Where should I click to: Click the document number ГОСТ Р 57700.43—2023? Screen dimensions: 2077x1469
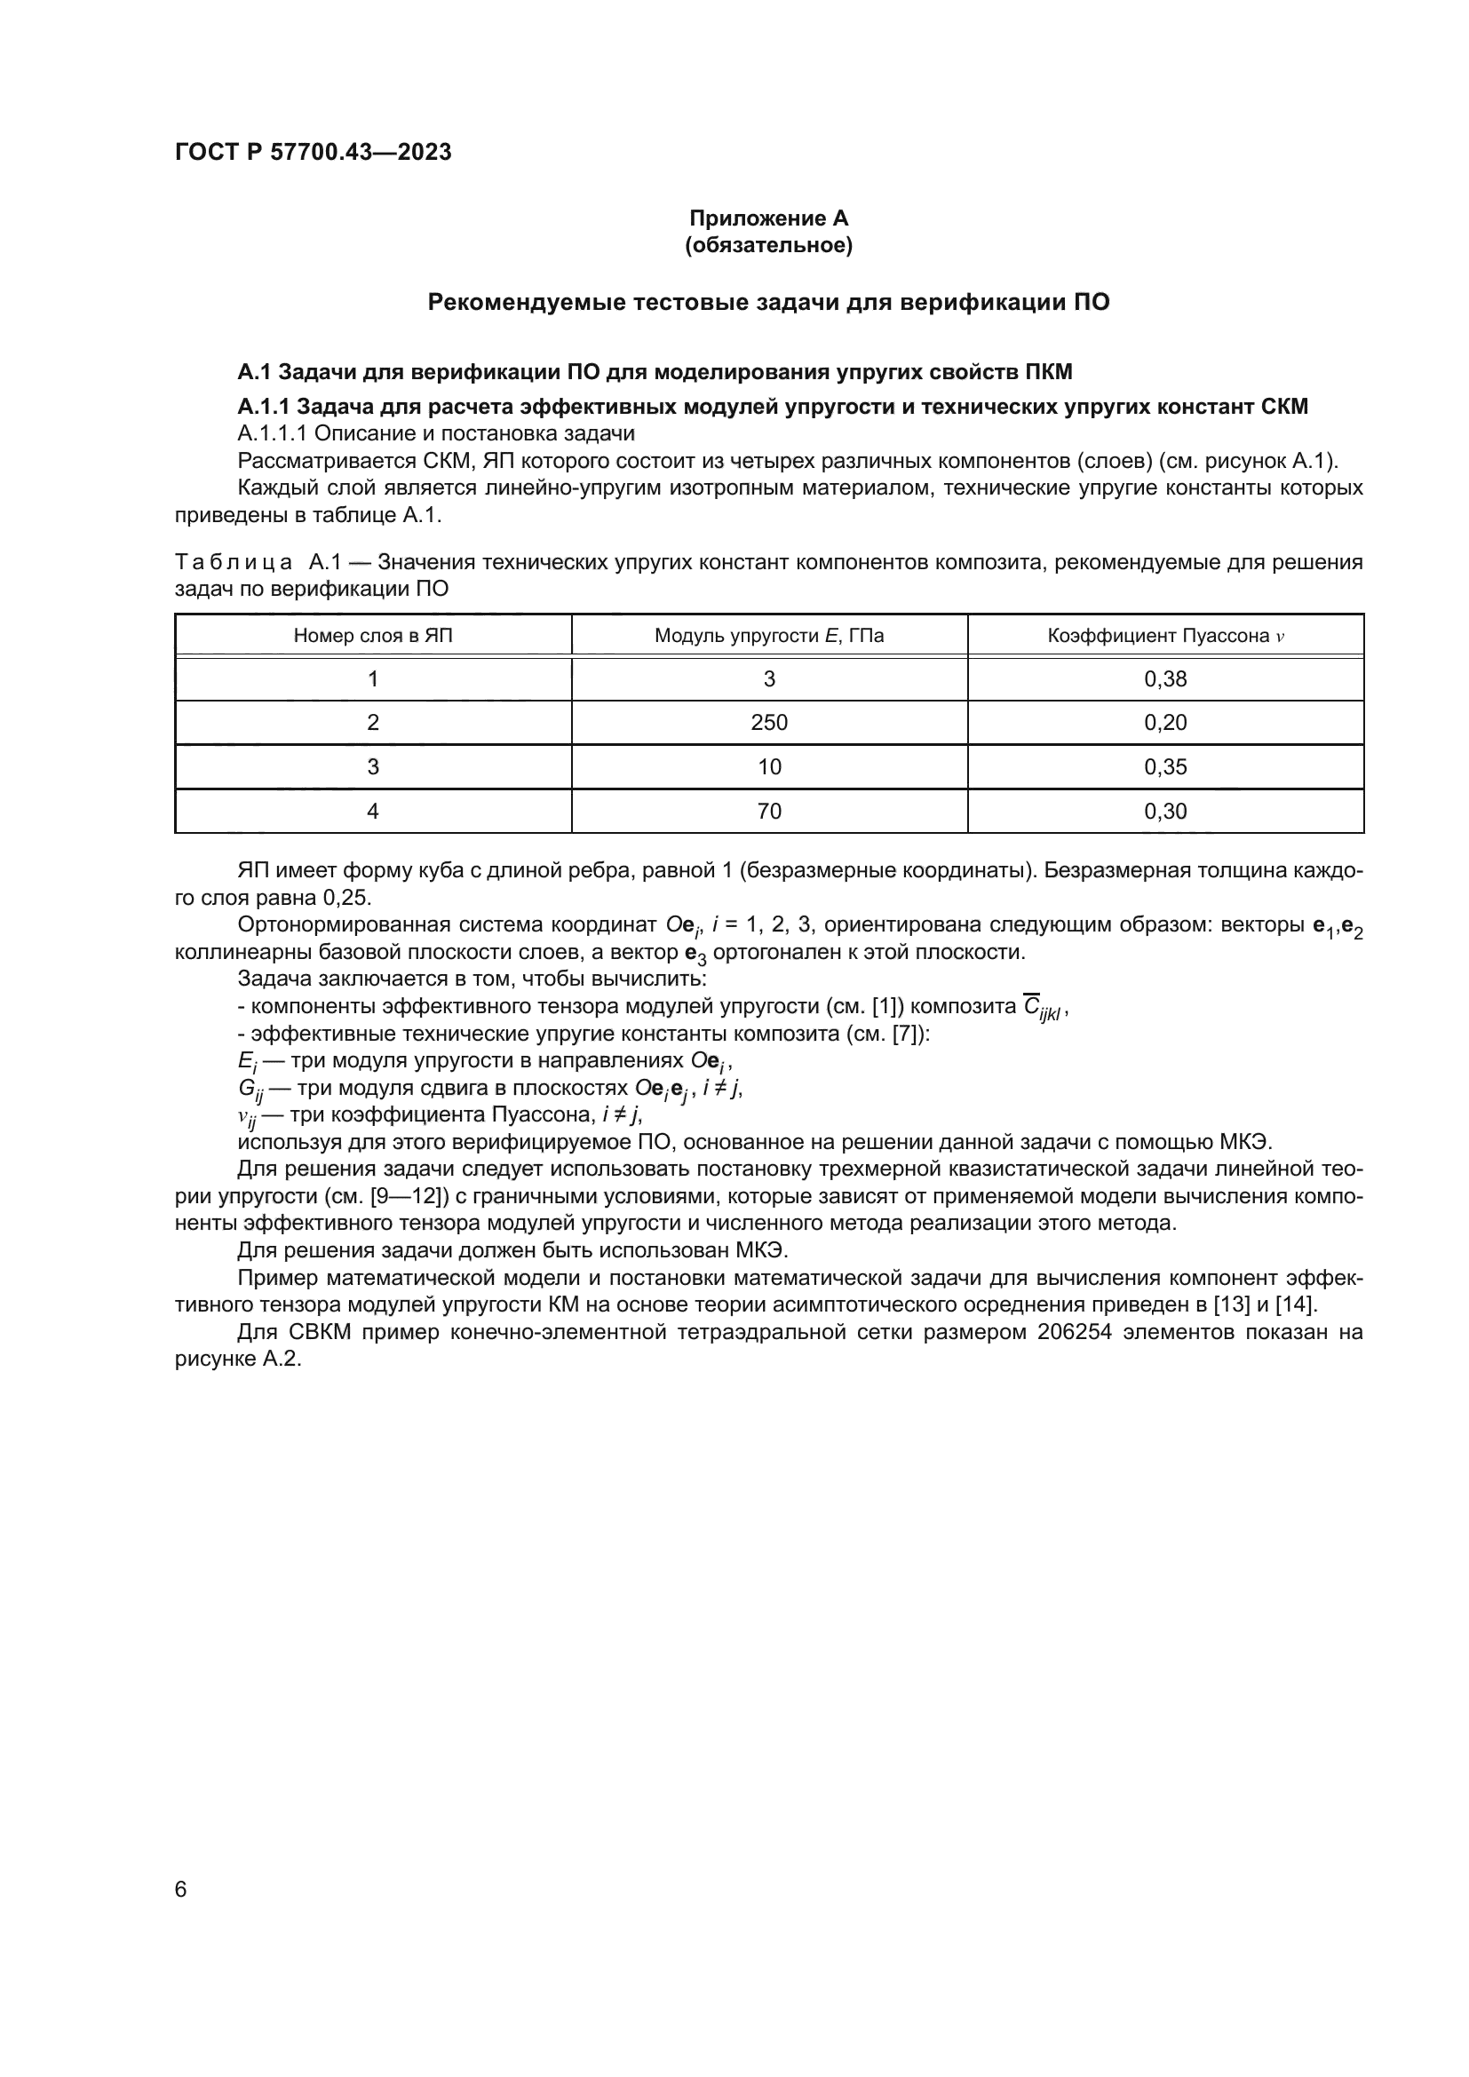(313, 152)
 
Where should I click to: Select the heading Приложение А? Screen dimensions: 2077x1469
(768, 218)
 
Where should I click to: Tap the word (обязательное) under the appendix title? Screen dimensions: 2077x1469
(768, 245)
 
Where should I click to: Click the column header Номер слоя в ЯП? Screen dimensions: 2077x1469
(373, 636)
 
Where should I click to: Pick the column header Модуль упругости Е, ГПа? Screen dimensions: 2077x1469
(769, 636)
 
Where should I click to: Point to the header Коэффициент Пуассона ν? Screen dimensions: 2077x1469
(1165, 636)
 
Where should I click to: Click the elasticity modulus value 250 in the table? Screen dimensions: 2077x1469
(769, 723)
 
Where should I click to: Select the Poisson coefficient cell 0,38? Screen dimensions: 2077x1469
(1165, 679)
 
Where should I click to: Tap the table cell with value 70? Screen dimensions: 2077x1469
(769, 812)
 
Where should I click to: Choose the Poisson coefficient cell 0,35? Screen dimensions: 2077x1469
(1165, 767)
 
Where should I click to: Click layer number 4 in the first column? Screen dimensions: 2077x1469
(373, 812)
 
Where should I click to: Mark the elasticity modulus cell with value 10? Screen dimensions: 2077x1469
(769, 767)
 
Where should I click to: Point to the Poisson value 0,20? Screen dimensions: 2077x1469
(1165, 723)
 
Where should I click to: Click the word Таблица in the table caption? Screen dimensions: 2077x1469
(234, 563)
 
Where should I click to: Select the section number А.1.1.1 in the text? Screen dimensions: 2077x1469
(273, 433)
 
